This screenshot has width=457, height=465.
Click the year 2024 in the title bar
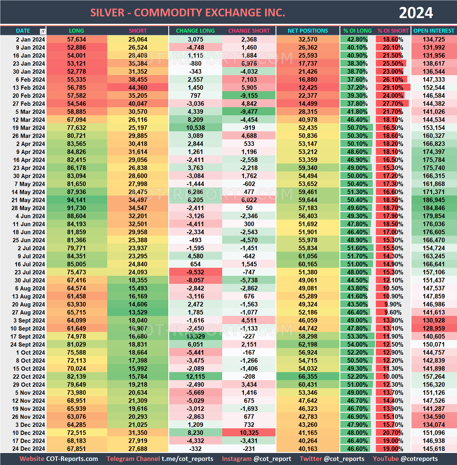click(416, 13)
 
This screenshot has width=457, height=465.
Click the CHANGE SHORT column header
click(249, 31)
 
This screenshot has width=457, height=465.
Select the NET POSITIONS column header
click(308, 31)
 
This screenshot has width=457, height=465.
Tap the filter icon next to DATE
click(42, 32)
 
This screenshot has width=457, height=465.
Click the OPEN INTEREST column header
click(433, 31)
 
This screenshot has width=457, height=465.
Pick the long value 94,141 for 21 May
click(77, 200)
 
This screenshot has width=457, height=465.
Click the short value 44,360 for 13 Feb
click(138, 87)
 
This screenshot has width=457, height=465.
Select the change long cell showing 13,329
click(196, 336)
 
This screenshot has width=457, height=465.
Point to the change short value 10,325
click(249, 433)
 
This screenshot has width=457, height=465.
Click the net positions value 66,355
click(308, 376)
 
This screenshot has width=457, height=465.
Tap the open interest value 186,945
click(433, 200)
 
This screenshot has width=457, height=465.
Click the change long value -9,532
click(196, 272)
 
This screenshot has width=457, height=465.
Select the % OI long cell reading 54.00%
click(357, 344)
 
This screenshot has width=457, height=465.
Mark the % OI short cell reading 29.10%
click(393, 87)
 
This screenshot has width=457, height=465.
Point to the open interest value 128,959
click(433, 328)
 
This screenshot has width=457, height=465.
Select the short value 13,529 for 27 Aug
click(138, 312)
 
